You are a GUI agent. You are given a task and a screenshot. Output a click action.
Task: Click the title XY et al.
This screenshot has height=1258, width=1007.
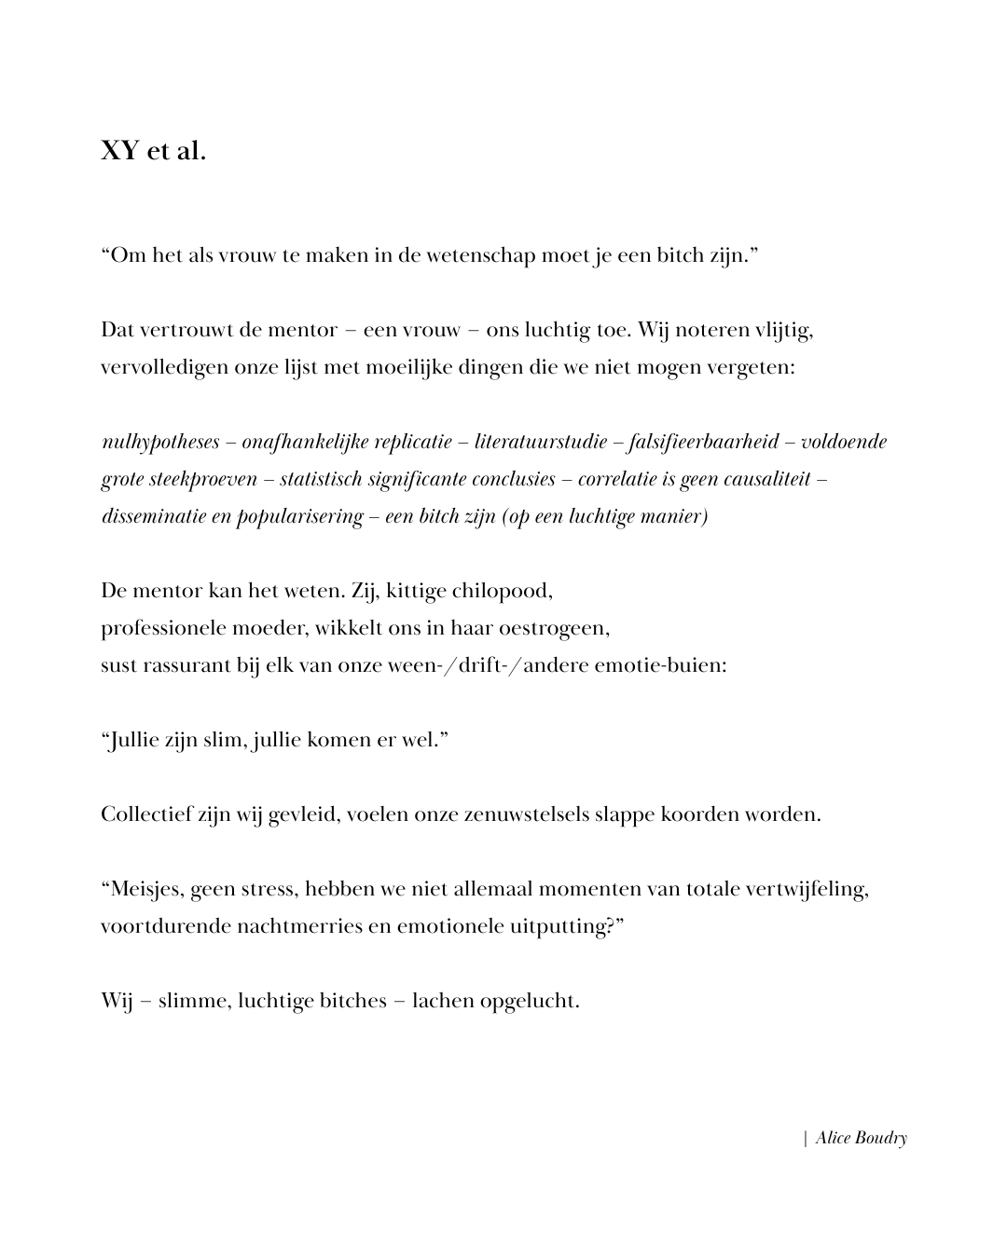pos(153,151)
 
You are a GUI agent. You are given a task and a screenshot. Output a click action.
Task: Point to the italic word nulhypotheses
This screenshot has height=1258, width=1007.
pos(160,442)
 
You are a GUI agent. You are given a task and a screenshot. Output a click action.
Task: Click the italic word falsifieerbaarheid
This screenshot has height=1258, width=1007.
pos(704,442)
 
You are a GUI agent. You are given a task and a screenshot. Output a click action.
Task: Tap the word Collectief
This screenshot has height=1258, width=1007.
pos(146,814)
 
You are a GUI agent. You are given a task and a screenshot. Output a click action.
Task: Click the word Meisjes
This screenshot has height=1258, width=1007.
pos(147,889)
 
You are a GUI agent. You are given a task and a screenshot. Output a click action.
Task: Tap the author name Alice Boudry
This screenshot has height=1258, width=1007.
pos(861,1138)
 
